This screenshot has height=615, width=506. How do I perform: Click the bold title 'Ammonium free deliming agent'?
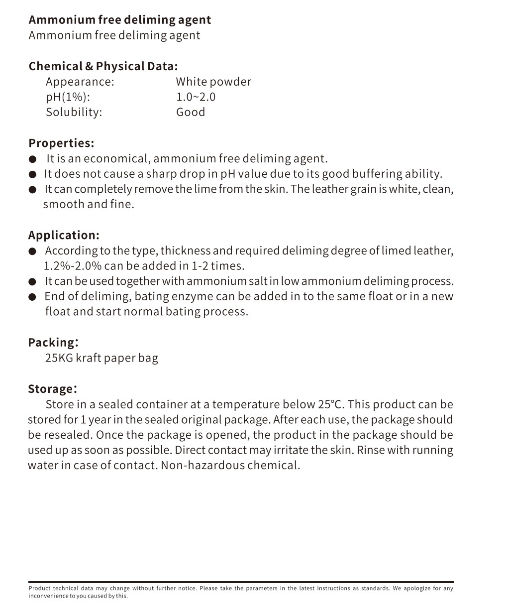[119, 20]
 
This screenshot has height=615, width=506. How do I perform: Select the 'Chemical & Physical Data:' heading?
[103, 66]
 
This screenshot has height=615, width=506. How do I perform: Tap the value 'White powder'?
[213, 82]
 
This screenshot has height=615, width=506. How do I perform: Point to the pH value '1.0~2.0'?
[196, 97]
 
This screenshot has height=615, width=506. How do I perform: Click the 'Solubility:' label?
[74, 112]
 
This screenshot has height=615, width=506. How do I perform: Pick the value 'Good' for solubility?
[190, 112]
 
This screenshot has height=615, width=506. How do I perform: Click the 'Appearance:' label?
[80, 82]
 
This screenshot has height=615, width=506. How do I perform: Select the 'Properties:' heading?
[61, 143]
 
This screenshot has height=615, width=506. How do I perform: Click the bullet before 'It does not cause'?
[33, 174]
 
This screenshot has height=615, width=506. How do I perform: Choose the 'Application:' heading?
[64, 235]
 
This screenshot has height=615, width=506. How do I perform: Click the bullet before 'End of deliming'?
[33, 297]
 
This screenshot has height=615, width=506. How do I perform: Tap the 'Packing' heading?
[52, 343]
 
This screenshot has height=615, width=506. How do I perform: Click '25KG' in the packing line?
[59, 358]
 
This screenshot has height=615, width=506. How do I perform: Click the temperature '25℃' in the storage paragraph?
[328, 404]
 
